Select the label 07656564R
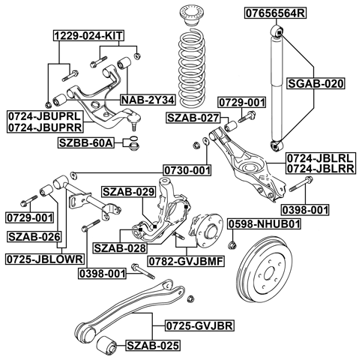tap(272, 13)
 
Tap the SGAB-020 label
tap(316, 85)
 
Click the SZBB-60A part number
tap(87, 142)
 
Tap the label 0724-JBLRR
tap(319, 169)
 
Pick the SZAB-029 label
tap(127, 193)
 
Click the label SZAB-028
tap(119, 247)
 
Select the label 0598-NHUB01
tap(264, 223)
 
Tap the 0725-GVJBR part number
tap(196, 327)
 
